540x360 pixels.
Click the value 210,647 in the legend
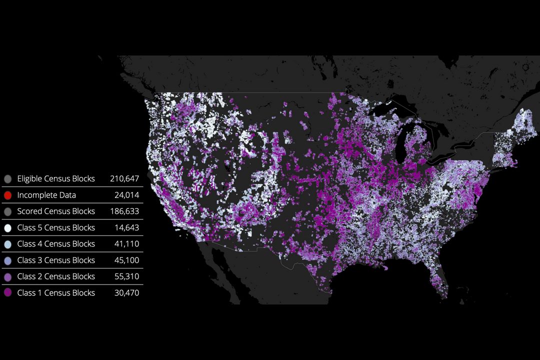click(124, 178)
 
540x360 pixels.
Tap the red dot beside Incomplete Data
click(7, 195)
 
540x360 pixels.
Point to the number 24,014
click(126, 195)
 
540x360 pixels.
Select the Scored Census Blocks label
click(55, 211)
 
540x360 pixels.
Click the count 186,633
click(124, 211)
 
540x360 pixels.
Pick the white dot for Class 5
click(7, 228)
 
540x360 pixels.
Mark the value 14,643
click(126, 227)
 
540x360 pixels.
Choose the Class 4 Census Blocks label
click(55, 244)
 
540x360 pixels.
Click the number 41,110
click(126, 244)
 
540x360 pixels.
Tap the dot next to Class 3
click(7, 260)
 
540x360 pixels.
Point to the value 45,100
click(126, 260)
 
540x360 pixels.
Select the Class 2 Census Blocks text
click(55, 276)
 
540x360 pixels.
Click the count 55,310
click(126, 276)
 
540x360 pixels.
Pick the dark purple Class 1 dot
click(7, 293)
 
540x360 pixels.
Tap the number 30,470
click(126, 293)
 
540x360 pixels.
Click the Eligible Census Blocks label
click(55, 178)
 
